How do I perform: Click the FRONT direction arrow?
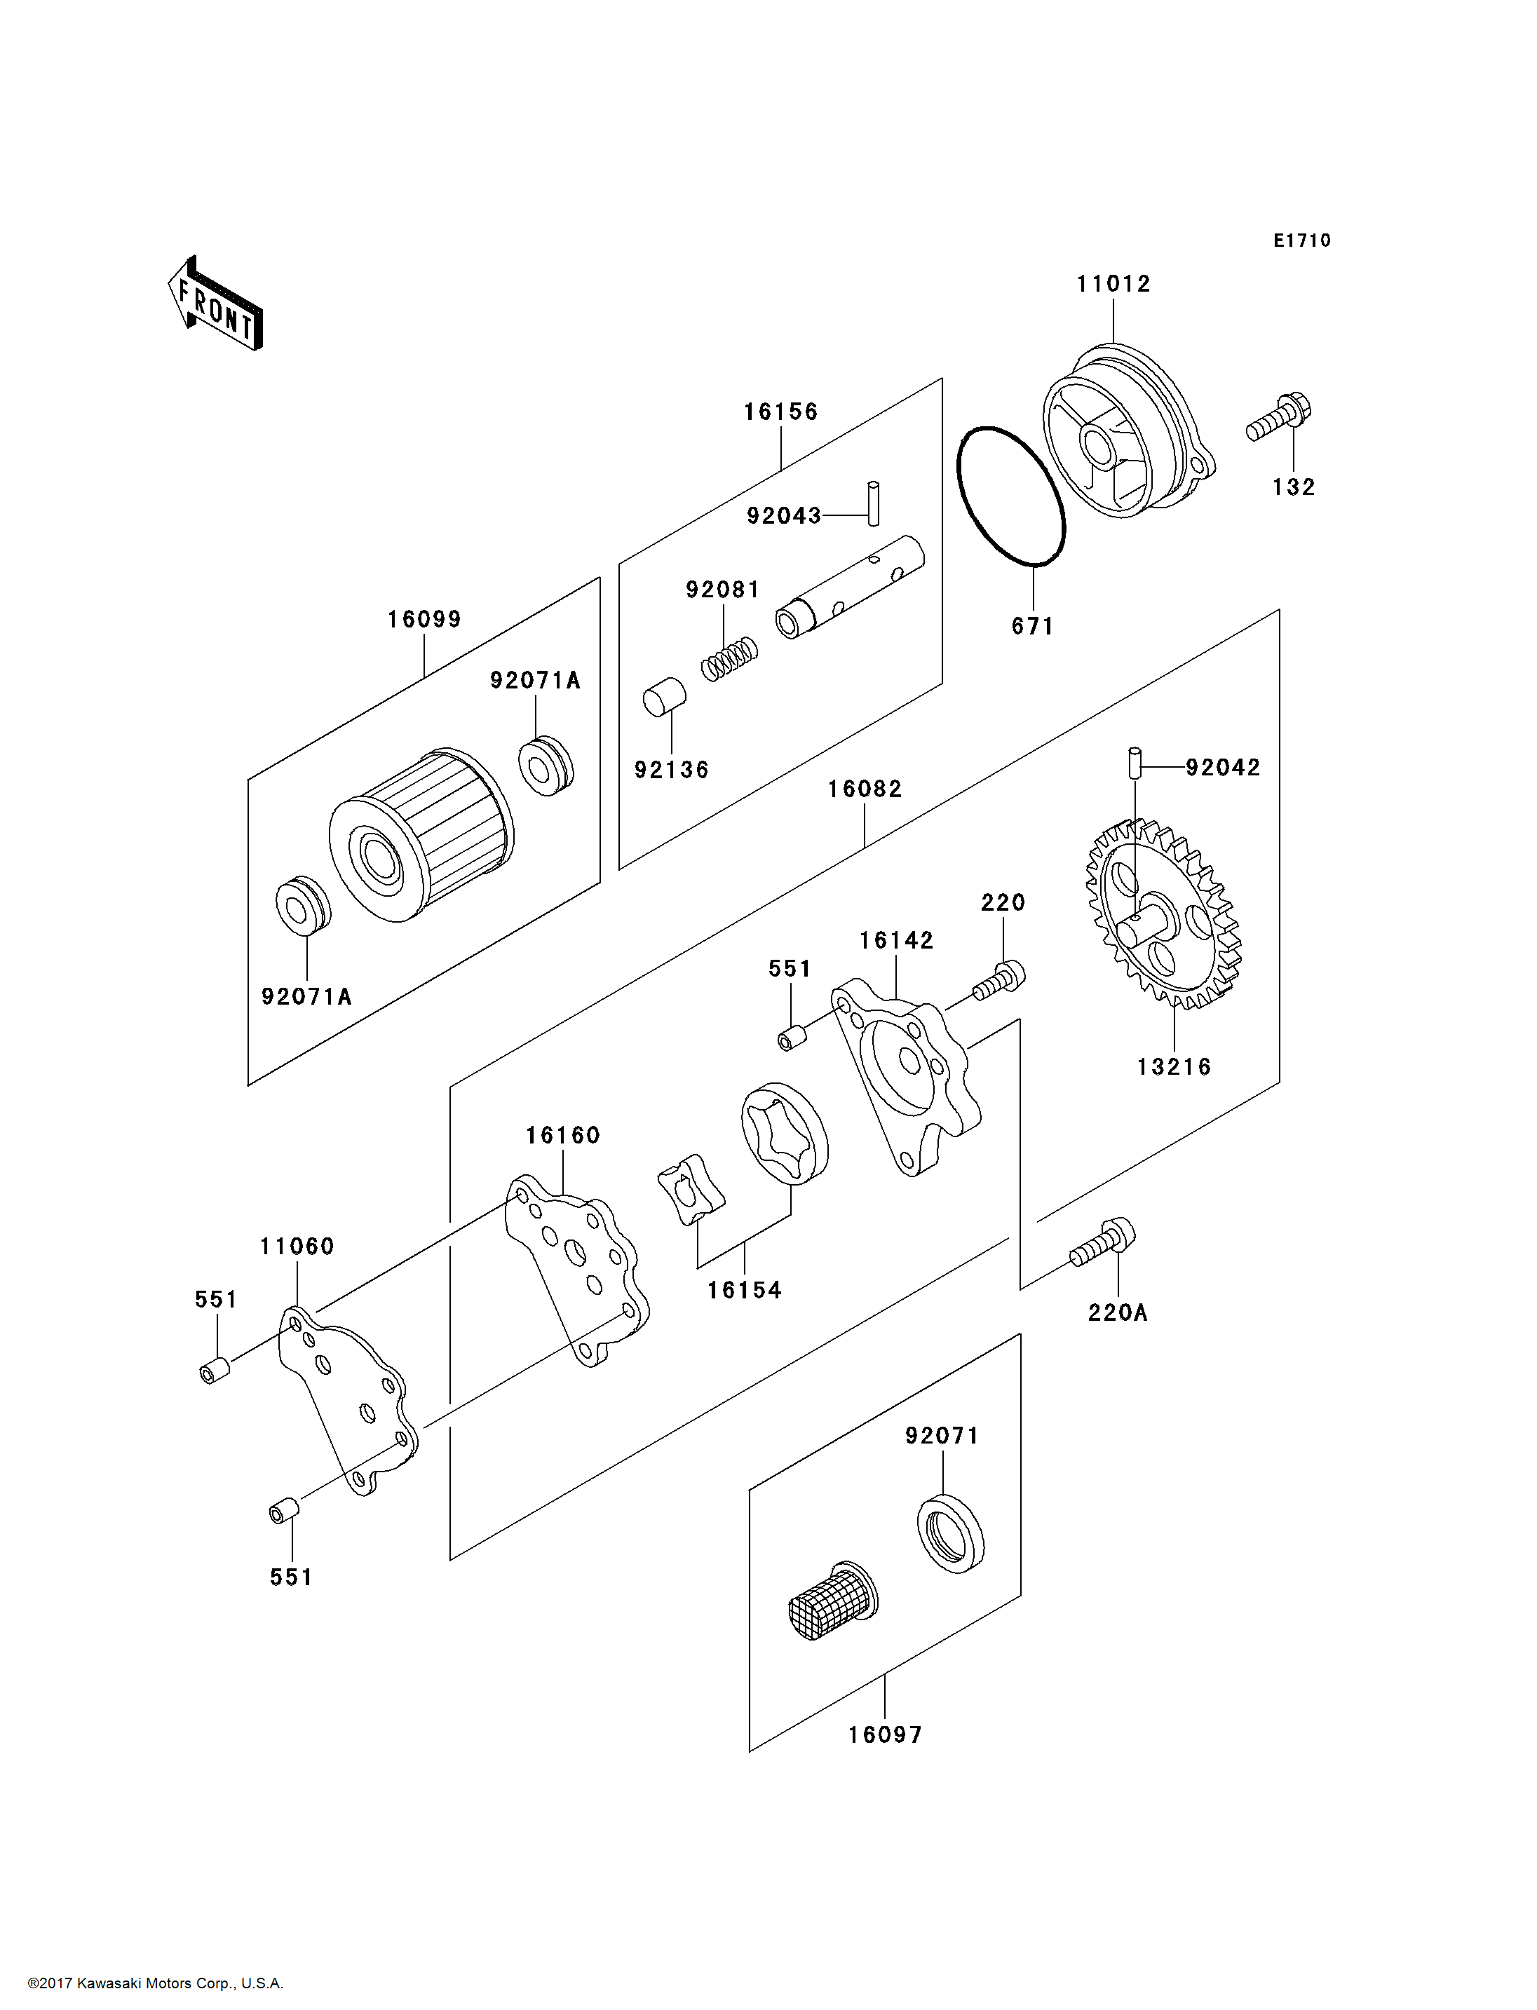215,304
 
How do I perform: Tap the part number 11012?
1113,285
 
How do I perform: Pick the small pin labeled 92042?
1135,763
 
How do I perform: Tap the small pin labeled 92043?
874,503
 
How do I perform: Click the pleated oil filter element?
421,835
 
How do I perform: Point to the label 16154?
744,1291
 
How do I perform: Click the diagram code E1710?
1302,240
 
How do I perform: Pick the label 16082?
865,789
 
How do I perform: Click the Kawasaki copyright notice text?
156,1983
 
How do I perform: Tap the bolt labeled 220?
999,981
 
